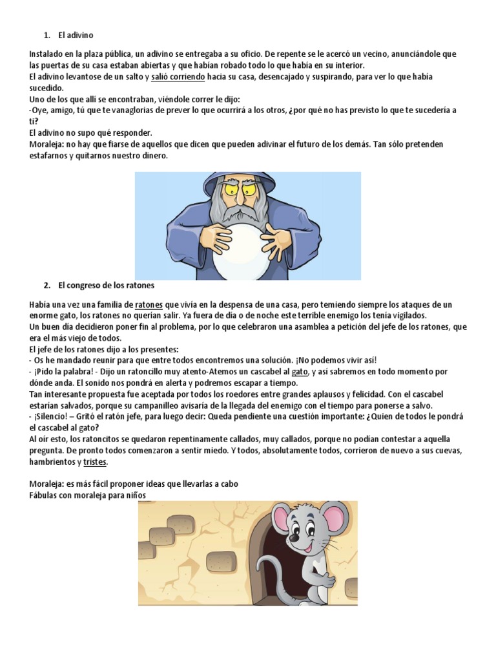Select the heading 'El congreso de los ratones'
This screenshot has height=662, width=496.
click(x=106, y=284)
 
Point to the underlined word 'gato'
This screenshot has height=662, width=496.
click(x=300, y=372)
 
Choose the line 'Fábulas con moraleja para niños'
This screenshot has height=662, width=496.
click(x=88, y=495)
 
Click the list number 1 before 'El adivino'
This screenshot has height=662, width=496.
click(x=46, y=35)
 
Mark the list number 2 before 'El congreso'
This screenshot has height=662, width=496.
click(x=46, y=284)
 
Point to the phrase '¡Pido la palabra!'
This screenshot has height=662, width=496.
click(x=65, y=372)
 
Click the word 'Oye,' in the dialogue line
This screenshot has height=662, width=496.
click(x=41, y=111)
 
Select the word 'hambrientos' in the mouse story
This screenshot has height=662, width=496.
click(x=52, y=462)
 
